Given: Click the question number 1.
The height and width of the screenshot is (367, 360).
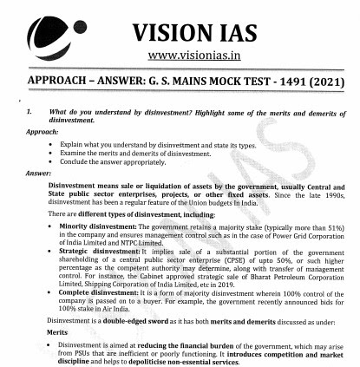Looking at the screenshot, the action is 29,113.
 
